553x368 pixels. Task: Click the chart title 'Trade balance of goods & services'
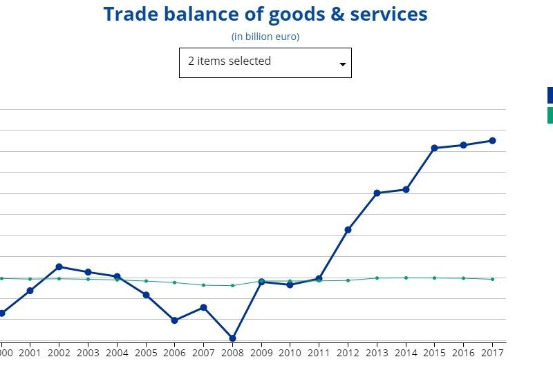point(265,14)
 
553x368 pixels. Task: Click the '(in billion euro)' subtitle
point(265,37)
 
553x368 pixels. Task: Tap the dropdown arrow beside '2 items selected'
point(342,64)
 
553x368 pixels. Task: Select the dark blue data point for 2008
point(232,338)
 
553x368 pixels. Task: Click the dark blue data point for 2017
point(493,140)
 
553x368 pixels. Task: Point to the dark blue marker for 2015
point(435,148)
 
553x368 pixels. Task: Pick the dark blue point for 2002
point(59,267)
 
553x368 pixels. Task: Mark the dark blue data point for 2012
point(348,229)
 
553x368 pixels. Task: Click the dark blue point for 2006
point(175,320)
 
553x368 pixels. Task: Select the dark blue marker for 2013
point(377,193)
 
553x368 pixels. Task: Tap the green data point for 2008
point(232,285)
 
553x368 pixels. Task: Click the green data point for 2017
point(493,279)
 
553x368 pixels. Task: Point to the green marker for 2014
point(406,278)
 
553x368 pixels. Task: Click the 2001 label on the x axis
point(30,352)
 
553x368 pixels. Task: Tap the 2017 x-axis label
point(493,352)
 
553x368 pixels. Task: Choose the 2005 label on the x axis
point(146,352)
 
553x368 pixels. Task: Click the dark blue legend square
point(550,95)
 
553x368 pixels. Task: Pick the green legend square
point(550,115)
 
